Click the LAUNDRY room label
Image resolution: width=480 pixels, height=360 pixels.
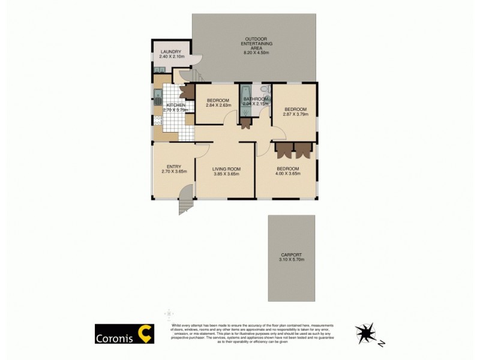pos(170,52)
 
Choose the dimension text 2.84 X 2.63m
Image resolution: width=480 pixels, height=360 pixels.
pos(218,105)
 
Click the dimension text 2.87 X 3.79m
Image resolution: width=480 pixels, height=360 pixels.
pos(295,114)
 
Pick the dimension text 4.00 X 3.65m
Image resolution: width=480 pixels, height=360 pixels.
pos(288,174)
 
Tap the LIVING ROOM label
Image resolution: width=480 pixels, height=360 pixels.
pos(226,169)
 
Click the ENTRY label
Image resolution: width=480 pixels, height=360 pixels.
pos(174,166)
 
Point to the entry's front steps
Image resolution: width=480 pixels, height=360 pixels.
pos(185,205)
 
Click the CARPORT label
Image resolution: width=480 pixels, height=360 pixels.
pos(291,254)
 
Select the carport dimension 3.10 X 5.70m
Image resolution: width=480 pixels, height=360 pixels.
pos(291,259)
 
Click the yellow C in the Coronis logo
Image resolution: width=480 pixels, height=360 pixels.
pos(145,334)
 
